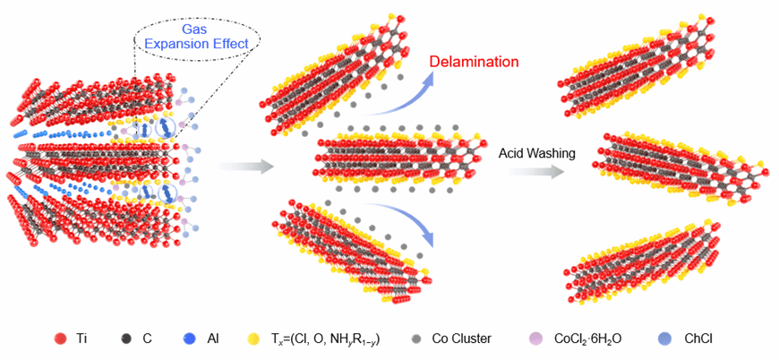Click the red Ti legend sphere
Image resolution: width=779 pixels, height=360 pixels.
coord(61,339)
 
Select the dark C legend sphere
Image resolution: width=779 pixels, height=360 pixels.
coord(126,339)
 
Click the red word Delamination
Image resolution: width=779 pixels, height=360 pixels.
coord(475,62)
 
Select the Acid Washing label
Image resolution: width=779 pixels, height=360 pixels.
coord(537,153)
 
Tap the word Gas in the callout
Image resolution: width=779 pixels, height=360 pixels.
coord(196,30)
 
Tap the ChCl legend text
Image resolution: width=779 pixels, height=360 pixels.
coord(699,339)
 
